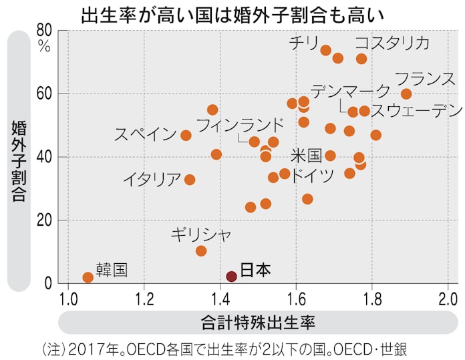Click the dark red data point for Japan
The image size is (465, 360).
[231, 277]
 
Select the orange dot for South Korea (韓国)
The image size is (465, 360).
[88, 277]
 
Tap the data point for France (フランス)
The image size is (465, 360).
[406, 94]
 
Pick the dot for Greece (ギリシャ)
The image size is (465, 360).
[201, 251]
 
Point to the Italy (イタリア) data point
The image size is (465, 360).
[190, 180]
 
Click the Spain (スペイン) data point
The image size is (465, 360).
[186, 136]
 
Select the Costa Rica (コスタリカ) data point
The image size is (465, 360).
[361, 59]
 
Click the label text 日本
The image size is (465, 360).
[255, 270]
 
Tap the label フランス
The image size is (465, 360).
[425, 78]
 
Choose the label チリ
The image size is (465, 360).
[303, 43]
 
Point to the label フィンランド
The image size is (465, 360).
[240, 125]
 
